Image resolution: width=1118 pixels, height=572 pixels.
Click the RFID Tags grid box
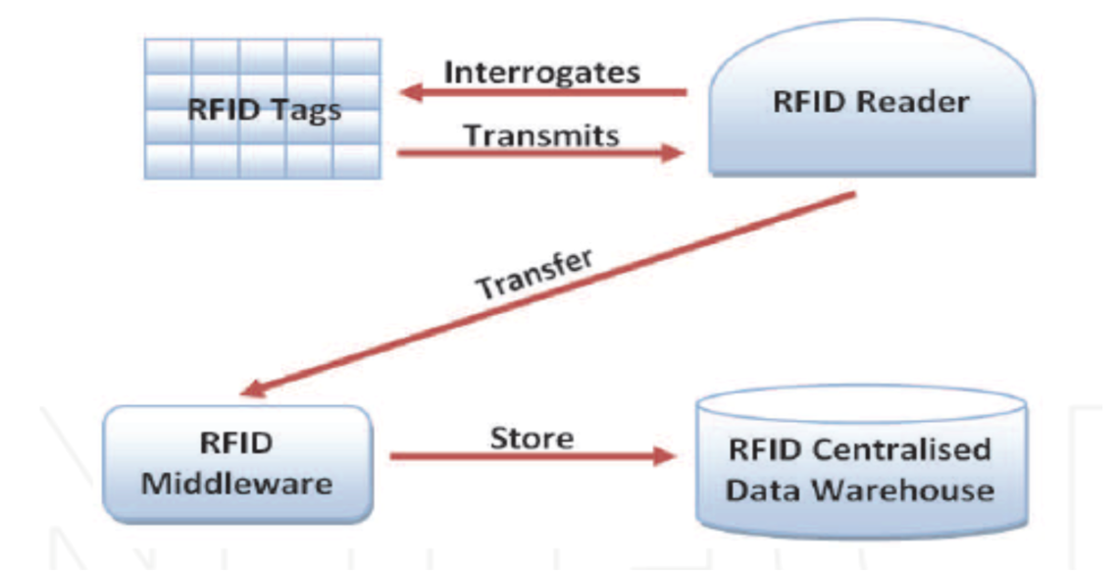coord(262,108)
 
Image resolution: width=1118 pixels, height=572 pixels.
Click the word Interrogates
coord(542,72)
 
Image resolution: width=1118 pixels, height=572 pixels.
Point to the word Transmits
coord(541,134)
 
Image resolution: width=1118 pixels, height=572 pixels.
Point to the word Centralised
coord(915,450)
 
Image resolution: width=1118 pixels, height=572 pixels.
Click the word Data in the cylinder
coord(768,489)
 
